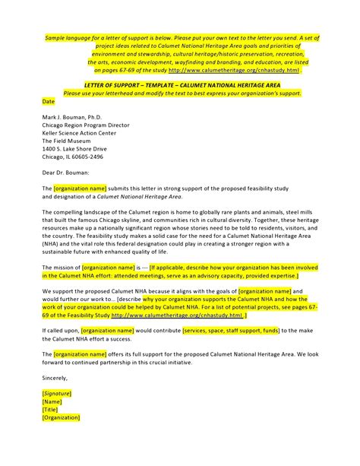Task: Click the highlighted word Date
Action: (x=49, y=100)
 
